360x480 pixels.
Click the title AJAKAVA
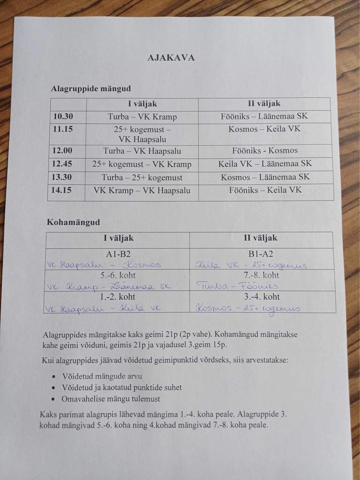[x=171, y=58]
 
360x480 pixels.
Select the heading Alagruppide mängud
[x=91, y=89]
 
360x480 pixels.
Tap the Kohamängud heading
[x=74, y=222]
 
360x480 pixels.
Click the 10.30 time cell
[x=63, y=116]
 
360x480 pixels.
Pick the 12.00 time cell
[x=62, y=151]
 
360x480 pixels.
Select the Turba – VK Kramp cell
[x=142, y=117]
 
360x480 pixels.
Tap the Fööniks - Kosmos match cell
[x=265, y=151]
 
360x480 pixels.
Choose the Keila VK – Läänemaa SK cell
[x=265, y=163]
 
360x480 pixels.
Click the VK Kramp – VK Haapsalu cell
[x=142, y=191]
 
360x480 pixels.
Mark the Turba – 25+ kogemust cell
[x=142, y=177]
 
